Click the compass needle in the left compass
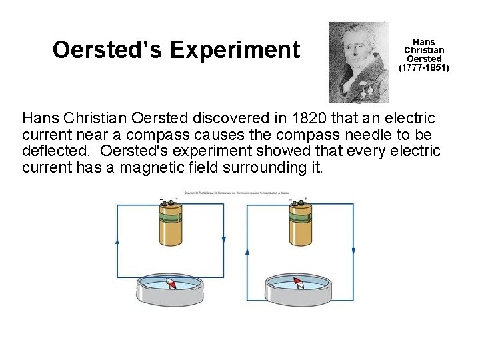(171, 284)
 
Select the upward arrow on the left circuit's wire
(118, 241)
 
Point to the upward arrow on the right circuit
(247, 252)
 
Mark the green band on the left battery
(169, 216)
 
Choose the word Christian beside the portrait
(424, 51)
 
